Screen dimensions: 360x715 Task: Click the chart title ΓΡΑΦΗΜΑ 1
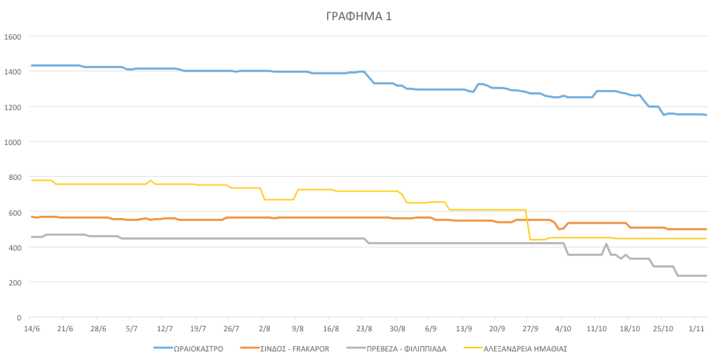tap(359, 16)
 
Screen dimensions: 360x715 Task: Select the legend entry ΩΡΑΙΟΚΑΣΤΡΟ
tap(198, 349)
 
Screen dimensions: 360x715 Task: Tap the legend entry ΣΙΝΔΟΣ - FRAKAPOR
tap(295, 349)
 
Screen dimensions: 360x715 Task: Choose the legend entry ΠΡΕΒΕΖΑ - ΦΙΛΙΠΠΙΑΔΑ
tap(406, 349)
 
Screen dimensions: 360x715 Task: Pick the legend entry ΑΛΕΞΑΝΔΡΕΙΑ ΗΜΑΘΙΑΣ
tap(525, 349)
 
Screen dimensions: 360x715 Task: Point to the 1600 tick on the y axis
tap(12, 37)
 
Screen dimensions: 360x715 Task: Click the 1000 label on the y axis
tap(12, 142)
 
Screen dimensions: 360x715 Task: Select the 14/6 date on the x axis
tap(32, 329)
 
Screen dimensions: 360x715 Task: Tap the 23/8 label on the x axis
tap(364, 329)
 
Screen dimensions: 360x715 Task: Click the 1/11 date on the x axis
tap(696, 329)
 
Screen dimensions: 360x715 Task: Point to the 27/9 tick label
tap(530, 329)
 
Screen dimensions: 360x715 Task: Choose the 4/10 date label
tap(563, 329)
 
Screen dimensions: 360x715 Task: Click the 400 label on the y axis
tap(15, 247)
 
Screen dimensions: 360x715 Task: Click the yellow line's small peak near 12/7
tap(151, 180)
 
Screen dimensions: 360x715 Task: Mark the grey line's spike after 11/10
tap(606, 244)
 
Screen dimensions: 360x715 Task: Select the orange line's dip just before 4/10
tap(559, 229)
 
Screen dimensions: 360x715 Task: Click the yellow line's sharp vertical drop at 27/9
tap(528, 225)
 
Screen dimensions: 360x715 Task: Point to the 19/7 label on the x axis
tap(198, 329)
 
